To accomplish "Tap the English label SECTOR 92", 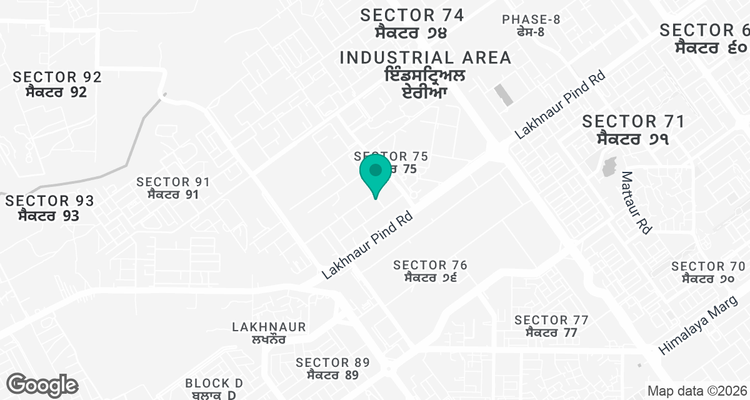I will pyautogui.click(x=57, y=77).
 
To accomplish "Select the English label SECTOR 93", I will pyautogui.click(x=49, y=201).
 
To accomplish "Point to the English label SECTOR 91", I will pyautogui.click(x=173, y=182).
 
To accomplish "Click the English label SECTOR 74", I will pyautogui.click(x=412, y=15).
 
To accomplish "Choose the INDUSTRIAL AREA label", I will pyautogui.click(x=426, y=58).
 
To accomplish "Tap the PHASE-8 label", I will pyautogui.click(x=531, y=19).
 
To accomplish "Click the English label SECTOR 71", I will pyautogui.click(x=634, y=121).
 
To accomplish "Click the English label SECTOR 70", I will pyautogui.click(x=708, y=266).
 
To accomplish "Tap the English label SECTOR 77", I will pyautogui.click(x=551, y=321).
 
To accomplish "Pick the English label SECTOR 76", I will pyautogui.click(x=431, y=266).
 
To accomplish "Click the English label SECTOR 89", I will pyautogui.click(x=332, y=362).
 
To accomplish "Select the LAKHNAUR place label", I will pyautogui.click(x=269, y=327).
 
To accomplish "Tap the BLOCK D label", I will pyautogui.click(x=214, y=383).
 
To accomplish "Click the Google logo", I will pyautogui.click(x=42, y=384).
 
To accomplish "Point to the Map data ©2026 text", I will pyautogui.click(x=696, y=391).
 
